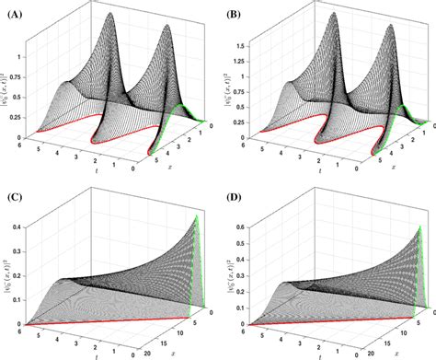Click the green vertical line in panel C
[199, 262]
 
